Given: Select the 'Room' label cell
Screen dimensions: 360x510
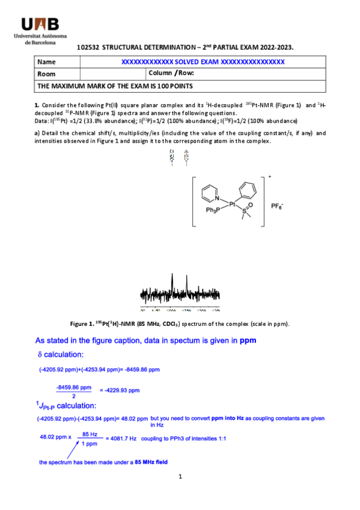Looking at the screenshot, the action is click(46, 74).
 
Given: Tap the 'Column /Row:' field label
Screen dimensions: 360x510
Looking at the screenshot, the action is click(171, 73).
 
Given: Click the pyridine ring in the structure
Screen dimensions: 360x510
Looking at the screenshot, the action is click(208, 193).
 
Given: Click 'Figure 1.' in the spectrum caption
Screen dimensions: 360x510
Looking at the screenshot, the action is click(83, 324).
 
